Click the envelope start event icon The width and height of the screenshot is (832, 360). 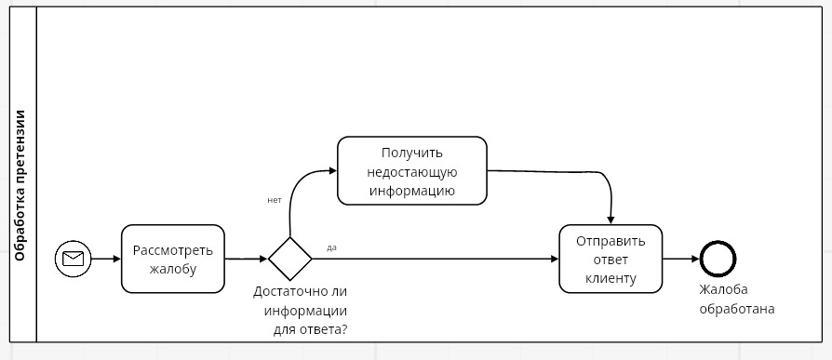coord(72,259)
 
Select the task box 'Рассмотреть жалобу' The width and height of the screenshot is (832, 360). coord(173,259)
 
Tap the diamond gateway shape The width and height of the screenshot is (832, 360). coord(290,259)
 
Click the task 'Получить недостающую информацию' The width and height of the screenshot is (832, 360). coord(411,171)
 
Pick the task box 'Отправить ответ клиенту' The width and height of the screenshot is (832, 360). coord(610,259)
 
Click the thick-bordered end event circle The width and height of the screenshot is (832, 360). coord(718,259)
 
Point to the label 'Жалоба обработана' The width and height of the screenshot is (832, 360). coord(737,299)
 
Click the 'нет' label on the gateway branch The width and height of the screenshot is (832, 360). coord(274,200)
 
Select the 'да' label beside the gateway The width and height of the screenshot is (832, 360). coord(331,247)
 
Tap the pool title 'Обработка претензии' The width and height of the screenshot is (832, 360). coord(20,185)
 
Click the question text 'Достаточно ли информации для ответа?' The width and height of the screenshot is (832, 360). coord(301,310)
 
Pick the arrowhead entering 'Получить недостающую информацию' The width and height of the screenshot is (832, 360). coord(330,171)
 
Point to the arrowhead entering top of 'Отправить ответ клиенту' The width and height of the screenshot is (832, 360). coord(610,219)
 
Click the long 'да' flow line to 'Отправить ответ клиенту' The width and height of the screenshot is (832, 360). coord(437,259)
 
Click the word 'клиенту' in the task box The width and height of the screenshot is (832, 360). coord(611,277)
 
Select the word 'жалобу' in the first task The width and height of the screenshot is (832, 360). coord(173,269)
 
